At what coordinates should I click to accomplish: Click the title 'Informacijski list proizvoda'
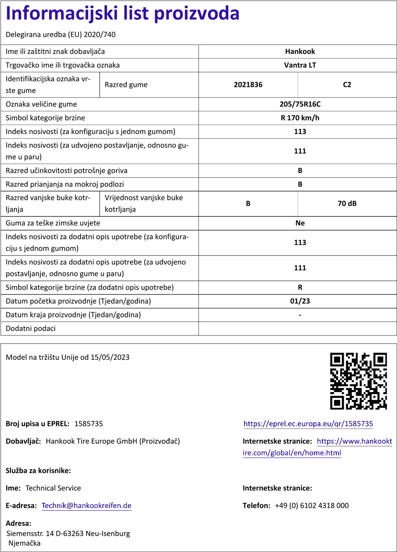click(123, 13)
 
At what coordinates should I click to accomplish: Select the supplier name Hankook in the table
click(300, 52)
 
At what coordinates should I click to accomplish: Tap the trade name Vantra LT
click(300, 65)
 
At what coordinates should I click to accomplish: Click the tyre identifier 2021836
click(248, 85)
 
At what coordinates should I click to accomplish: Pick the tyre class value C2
click(347, 85)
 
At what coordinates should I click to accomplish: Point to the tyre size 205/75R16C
click(300, 104)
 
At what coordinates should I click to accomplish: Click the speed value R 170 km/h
click(300, 118)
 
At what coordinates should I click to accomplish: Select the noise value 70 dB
click(347, 204)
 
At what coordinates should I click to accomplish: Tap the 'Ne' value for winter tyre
click(300, 223)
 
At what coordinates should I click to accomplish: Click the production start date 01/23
click(300, 301)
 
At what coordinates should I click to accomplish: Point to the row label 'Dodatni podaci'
click(31, 329)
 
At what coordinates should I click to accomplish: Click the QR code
click(358, 381)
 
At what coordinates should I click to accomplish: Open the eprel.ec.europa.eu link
click(308, 424)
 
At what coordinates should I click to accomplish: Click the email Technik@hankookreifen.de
click(87, 506)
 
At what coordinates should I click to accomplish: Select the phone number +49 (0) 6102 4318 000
click(312, 506)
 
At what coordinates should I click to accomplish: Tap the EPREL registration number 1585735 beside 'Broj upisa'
click(89, 424)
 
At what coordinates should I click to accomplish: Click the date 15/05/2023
click(110, 357)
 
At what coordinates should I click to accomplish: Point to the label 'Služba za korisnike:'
click(38, 471)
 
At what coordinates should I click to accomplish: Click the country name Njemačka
click(24, 543)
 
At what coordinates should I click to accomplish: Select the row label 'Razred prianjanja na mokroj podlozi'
click(65, 184)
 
